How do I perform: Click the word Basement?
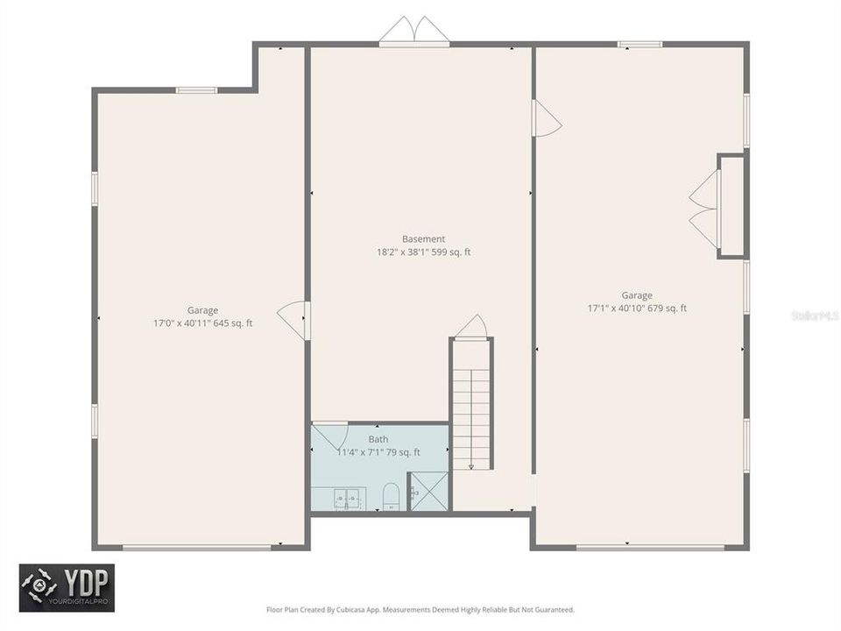tap(423, 238)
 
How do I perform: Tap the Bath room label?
tap(378, 439)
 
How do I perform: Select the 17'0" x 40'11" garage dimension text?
tap(202, 323)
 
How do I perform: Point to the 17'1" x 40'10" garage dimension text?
tap(637, 308)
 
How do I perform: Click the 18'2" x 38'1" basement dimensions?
tap(423, 252)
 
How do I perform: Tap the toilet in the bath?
tap(391, 497)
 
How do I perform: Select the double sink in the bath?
tap(346, 499)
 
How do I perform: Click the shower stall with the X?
tap(429, 491)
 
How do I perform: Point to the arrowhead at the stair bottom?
tap(471, 466)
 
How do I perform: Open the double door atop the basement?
tap(413, 31)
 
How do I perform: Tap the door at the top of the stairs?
tap(471, 327)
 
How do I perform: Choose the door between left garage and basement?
tap(294, 320)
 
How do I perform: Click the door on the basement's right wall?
tap(545, 117)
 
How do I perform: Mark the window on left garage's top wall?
tap(196, 89)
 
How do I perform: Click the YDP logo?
tap(67, 587)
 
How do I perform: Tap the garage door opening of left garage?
tap(196, 548)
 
